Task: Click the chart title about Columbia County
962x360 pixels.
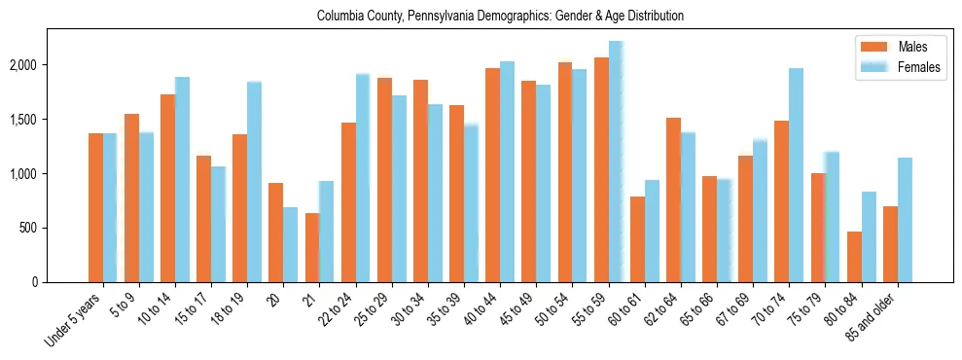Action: coord(500,17)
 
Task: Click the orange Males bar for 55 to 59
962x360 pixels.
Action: coord(601,170)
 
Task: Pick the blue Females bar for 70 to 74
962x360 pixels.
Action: coord(797,175)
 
